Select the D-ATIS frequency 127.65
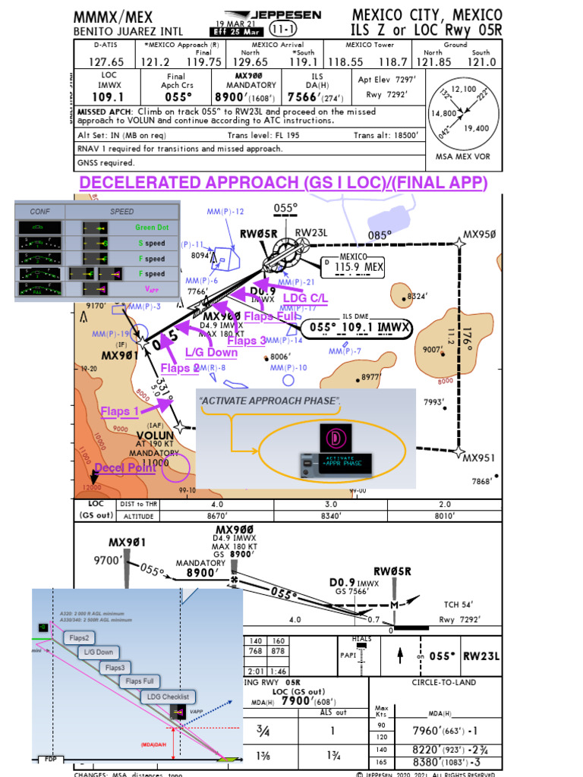click(106, 62)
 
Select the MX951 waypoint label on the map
click(479, 458)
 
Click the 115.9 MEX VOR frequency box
click(351, 267)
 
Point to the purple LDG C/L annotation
click(305, 298)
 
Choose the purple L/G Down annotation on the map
click(211, 352)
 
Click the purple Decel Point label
click(125, 467)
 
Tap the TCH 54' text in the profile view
click(459, 604)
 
